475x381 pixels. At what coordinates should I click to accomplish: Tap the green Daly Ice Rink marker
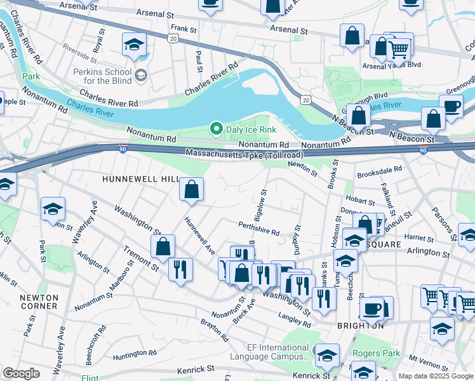tap(217, 129)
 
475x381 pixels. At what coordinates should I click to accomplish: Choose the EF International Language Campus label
tap(278, 352)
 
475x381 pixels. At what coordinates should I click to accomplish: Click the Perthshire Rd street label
tap(259, 229)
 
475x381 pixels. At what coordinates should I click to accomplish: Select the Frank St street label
tap(183, 29)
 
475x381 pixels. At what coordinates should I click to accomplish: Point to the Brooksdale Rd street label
tap(380, 170)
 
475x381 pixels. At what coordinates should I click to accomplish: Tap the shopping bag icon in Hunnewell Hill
tap(191, 189)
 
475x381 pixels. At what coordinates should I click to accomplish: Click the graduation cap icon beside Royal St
tap(135, 44)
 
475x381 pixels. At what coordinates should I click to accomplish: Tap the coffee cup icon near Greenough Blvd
tap(451, 107)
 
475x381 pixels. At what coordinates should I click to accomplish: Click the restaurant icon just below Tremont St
tap(181, 269)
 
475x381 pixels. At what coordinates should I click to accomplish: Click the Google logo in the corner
tap(22, 373)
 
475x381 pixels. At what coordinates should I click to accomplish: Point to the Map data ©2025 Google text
tap(436, 376)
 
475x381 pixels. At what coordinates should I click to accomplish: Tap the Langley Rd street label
tap(294, 319)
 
